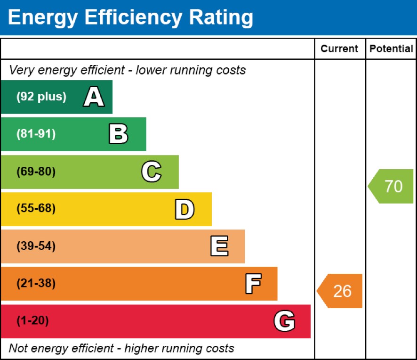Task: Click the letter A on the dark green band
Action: [x=94, y=98]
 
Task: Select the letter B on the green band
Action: [x=118, y=134]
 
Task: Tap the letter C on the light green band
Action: [x=151, y=172]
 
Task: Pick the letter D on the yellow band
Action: [x=184, y=209]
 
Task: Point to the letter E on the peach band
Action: [x=219, y=246]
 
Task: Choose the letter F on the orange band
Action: [x=253, y=284]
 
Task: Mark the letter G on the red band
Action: [x=284, y=321]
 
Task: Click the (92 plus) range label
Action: [x=41, y=97]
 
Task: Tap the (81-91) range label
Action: [x=36, y=134]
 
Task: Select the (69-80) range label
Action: [x=36, y=172]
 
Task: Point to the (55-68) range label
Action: [x=36, y=209]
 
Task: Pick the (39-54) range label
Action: [x=36, y=246]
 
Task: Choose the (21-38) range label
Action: [x=36, y=284]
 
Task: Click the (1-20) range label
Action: [x=32, y=321]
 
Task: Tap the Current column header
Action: [x=339, y=49]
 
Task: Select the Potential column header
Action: [x=391, y=49]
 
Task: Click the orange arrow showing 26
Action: [x=340, y=291]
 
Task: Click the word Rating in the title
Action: [x=221, y=18]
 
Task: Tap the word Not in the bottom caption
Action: [x=18, y=349]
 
